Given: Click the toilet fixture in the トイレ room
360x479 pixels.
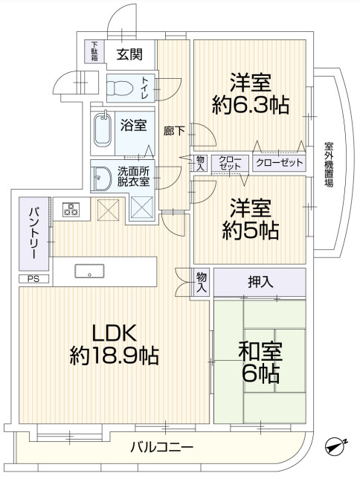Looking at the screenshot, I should click(x=119, y=89).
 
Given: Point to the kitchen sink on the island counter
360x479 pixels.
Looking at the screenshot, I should click(x=90, y=271).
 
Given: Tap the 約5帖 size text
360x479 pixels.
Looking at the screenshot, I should click(x=249, y=230).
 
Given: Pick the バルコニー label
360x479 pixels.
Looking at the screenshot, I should click(x=162, y=447).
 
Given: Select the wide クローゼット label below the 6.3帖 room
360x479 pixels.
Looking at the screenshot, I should click(x=279, y=162).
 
